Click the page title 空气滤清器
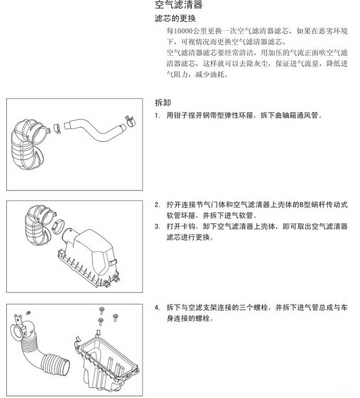point(179,5)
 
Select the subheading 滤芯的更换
point(175,18)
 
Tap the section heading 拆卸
point(163,103)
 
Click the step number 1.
point(157,116)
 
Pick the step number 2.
point(157,205)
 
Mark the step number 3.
point(157,227)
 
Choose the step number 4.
point(157,308)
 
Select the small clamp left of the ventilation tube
point(57,128)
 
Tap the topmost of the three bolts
point(102,310)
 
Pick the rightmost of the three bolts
point(115,317)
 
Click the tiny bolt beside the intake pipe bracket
point(29,312)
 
